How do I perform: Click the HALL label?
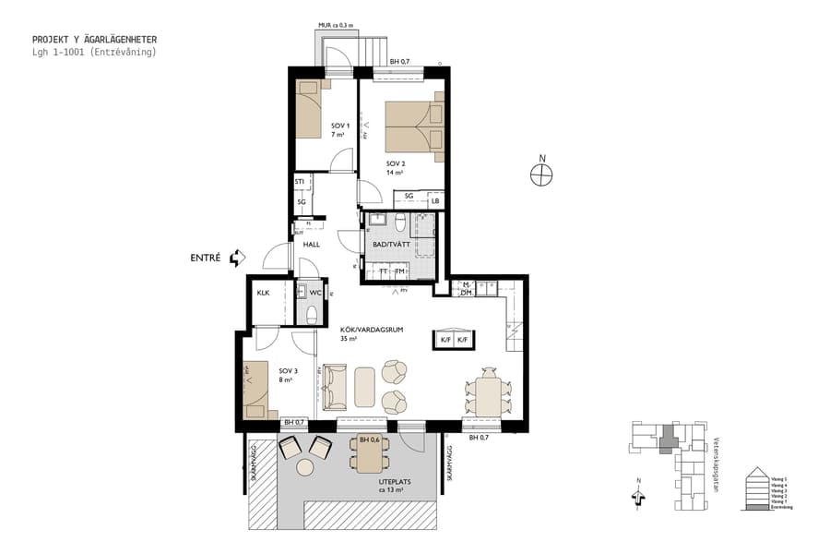[311, 245]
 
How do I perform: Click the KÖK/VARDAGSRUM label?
[361, 334]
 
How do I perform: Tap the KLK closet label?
[263, 293]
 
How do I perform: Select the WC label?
[314, 293]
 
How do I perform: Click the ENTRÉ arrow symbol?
[238, 258]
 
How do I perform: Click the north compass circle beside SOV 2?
[541, 173]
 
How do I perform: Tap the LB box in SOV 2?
[435, 200]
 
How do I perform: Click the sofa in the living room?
[335, 387]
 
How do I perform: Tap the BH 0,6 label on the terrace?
[370, 440]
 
